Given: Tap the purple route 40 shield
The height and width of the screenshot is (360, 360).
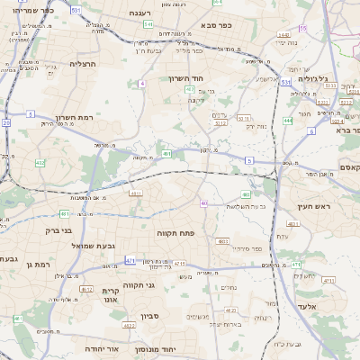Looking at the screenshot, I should tap(204, 203).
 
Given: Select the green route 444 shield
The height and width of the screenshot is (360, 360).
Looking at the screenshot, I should tap(288, 120).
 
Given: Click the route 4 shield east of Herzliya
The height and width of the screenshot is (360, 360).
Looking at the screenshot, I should tap(142, 84).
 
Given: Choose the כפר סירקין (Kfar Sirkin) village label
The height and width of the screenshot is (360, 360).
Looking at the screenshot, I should tap(245, 247).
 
